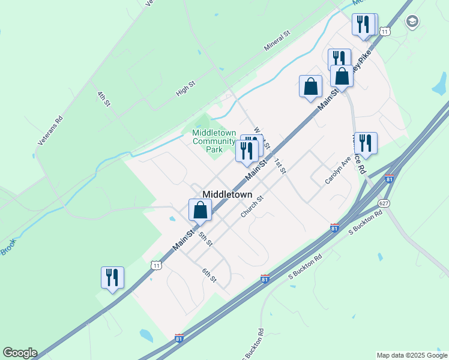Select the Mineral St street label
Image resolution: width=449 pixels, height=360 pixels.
[277, 41]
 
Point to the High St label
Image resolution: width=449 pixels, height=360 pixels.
[186, 88]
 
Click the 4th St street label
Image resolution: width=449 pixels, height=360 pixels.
[104, 99]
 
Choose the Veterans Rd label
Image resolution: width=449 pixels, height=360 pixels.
[50, 130]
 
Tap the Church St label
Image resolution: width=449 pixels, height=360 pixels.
[252, 207]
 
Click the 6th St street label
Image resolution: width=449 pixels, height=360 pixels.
[208, 274]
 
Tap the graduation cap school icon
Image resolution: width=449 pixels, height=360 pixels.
[412, 22]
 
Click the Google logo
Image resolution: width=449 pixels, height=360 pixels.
[19, 353]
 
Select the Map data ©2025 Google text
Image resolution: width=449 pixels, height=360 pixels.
[412, 355]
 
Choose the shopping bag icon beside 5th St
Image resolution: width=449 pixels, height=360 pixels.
[200, 211]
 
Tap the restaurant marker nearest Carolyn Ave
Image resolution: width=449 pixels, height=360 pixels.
[365, 143]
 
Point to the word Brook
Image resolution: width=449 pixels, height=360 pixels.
[8, 247]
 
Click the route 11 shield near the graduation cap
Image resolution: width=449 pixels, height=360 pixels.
[385, 31]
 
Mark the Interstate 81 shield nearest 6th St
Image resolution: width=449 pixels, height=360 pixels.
[265, 279]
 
